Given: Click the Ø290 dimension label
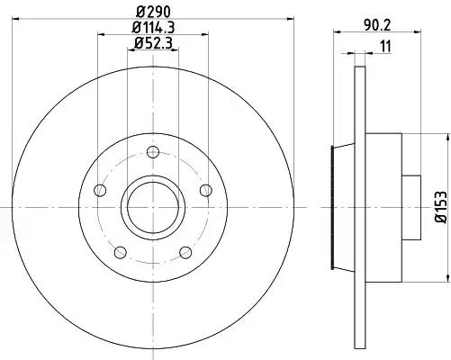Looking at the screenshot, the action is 153,12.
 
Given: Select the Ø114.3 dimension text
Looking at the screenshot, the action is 153,28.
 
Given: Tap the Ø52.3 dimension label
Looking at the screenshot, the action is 153,43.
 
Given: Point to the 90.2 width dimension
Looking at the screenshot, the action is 378,25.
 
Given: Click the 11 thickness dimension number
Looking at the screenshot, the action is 385,47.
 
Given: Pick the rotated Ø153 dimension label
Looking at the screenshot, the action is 441,207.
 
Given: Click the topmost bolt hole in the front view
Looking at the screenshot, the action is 153,152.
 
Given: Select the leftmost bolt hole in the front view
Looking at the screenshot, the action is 100,190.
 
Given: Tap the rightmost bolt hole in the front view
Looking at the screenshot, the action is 206,190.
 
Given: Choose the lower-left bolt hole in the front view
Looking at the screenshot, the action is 121,252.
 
